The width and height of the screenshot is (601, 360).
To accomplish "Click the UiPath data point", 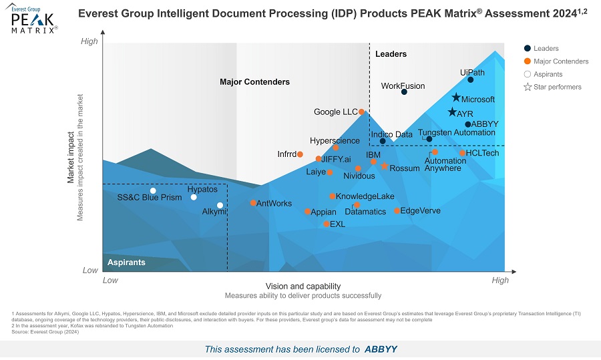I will [x=470, y=79].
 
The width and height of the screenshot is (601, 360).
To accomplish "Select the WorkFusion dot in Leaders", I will [x=404, y=92].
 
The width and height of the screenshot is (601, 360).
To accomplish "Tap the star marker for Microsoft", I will [x=456, y=98].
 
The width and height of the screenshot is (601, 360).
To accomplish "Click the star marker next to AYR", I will [x=452, y=112].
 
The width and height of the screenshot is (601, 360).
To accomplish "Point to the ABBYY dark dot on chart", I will [x=468, y=124].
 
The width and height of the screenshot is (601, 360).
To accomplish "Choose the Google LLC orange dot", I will [x=361, y=112].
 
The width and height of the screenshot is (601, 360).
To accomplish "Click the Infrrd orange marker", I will [x=300, y=154].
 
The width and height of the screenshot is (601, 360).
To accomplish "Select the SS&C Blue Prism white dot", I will [x=153, y=191].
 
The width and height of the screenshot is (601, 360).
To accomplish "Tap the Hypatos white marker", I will [x=194, y=197].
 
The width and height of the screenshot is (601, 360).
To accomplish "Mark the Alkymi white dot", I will [x=220, y=206].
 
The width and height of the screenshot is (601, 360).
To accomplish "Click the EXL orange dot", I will [x=326, y=224].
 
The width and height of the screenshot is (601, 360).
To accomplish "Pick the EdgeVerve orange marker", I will [x=397, y=211].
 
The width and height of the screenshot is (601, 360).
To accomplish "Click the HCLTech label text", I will [x=482, y=153].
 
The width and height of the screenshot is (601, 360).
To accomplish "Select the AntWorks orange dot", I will [x=253, y=203].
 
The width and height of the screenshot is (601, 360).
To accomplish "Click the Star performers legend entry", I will [x=552, y=87].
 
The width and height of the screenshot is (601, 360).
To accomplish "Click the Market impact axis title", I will [x=70, y=156].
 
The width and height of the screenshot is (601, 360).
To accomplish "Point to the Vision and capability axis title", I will [x=303, y=286].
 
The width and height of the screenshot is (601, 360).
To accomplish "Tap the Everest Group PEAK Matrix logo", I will [x=34, y=19].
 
